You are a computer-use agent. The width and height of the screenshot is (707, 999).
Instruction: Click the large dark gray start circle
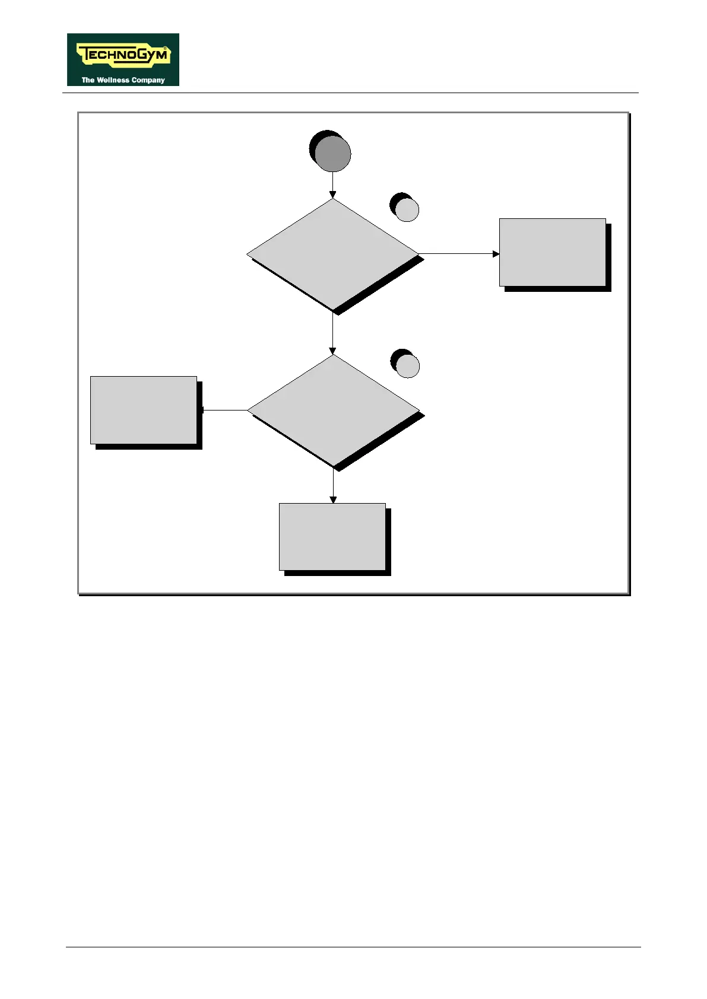pos(332,154)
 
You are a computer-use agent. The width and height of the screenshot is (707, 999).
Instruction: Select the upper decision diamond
pos(332,254)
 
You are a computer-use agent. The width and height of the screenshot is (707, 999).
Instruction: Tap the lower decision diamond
pos(332,410)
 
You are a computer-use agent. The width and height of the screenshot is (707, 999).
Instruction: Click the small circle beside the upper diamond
pos(407,209)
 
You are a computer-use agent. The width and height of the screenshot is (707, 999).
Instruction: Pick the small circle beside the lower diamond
pos(407,365)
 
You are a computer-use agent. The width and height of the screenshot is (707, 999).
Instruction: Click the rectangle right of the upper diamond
pos(552,253)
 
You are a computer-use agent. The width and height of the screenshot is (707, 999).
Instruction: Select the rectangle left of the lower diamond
pos(144,410)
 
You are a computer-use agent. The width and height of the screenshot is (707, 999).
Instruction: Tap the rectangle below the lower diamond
pos(332,537)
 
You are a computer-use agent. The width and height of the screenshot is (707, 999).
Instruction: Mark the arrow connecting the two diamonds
pos(332,333)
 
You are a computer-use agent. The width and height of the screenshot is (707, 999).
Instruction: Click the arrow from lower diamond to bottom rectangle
pos(332,486)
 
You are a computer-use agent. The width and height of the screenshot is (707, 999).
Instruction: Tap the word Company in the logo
pos(148,80)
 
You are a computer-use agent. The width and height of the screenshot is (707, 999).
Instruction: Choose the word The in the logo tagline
pos(88,80)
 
